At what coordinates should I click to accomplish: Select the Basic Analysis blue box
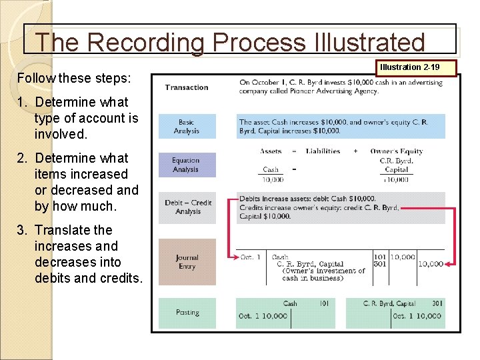(x=187, y=127)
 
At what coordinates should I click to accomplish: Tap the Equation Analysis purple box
(x=187, y=165)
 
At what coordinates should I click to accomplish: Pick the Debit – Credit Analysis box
(x=187, y=207)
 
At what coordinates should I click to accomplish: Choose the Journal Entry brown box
(x=187, y=261)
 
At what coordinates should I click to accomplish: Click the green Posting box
(x=187, y=313)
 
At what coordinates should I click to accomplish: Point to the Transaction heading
(x=187, y=87)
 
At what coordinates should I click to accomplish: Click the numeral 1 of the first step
(x=22, y=102)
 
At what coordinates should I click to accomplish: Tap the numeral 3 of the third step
(x=22, y=230)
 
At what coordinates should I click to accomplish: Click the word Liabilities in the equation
(x=323, y=151)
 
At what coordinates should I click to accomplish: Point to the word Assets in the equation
(x=271, y=151)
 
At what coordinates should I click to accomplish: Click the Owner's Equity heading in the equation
(x=397, y=151)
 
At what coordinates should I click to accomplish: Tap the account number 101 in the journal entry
(x=380, y=257)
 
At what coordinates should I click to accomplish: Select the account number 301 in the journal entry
(x=380, y=264)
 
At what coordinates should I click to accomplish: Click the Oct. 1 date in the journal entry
(x=251, y=257)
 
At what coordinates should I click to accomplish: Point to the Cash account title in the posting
(x=290, y=303)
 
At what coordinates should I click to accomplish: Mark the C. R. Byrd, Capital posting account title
(x=389, y=303)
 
